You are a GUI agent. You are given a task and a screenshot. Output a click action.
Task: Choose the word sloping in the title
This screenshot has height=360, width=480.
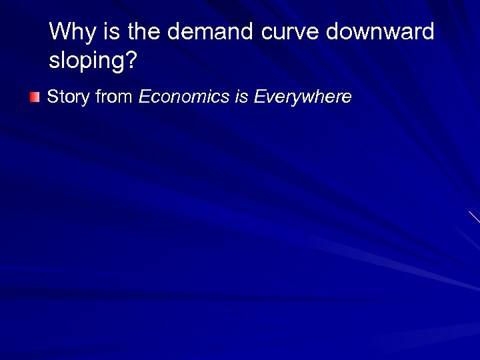pyautogui.click(x=86, y=62)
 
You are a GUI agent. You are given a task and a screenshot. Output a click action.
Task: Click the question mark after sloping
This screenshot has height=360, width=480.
pyautogui.click(x=131, y=61)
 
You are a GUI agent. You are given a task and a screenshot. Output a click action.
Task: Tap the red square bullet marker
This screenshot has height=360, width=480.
pyautogui.click(x=35, y=98)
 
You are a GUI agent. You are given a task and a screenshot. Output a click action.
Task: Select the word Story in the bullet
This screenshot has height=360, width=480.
pyautogui.click(x=69, y=97)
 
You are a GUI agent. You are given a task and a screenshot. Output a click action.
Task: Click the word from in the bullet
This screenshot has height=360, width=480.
pyautogui.click(x=114, y=97)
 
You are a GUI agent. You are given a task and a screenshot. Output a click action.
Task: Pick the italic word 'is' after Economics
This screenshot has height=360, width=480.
pyautogui.click(x=241, y=97)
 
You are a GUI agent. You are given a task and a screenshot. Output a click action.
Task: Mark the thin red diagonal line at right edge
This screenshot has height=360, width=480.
pyautogui.click(x=474, y=217)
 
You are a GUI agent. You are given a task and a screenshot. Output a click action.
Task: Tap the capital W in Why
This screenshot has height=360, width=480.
pyautogui.click(x=59, y=31)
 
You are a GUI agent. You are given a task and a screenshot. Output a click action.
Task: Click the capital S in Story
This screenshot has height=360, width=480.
pyautogui.click(x=53, y=97)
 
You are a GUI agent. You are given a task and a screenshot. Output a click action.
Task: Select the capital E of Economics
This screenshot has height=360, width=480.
pyautogui.click(x=144, y=97)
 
